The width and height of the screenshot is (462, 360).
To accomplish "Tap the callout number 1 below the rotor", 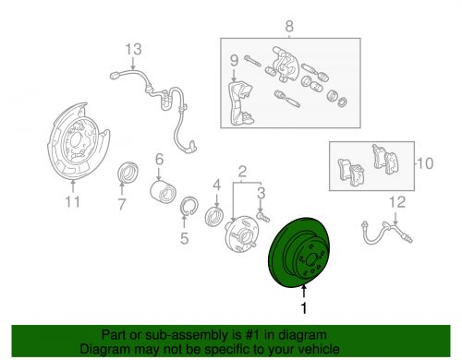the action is [x=304, y=308].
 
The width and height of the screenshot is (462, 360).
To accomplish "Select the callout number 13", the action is [x=133, y=49].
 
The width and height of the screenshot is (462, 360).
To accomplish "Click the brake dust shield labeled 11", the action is [x=77, y=141].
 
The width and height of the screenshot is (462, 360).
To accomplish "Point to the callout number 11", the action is [x=72, y=201].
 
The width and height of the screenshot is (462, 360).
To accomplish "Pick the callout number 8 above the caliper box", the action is [x=289, y=27].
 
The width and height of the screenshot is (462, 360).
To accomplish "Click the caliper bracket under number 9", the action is [x=241, y=103].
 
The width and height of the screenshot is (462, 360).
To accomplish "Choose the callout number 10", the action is [x=425, y=163].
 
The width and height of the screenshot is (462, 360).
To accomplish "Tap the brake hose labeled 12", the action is [x=385, y=234].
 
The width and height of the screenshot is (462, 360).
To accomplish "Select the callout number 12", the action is [x=397, y=202].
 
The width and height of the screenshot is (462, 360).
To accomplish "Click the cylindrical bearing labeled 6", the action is [x=163, y=192].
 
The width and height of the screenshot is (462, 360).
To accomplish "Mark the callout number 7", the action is [x=122, y=204].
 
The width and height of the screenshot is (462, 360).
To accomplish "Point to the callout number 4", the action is [x=217, y=186].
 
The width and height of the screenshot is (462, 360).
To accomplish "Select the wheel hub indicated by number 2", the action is [x=242, y=235].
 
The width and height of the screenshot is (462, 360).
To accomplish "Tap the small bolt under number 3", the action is [x=263, y=216].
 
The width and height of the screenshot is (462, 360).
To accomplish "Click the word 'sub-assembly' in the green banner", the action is [x=174, y=335].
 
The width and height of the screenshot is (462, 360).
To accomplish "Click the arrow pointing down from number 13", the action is [x=133, y=64].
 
